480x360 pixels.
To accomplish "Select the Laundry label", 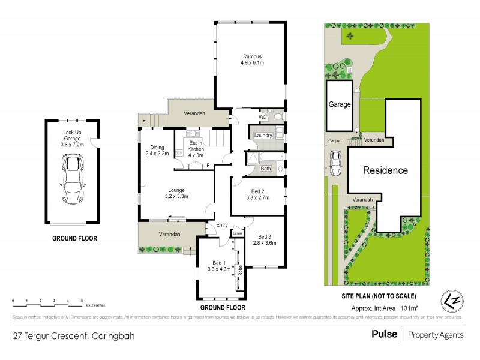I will (263, 136).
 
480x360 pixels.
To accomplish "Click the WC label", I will (262, 117).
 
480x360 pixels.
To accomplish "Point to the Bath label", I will (265, 169).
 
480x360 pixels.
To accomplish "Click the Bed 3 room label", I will (264, 236).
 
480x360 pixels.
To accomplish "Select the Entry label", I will (214, 226).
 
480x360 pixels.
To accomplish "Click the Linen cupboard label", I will (237, 233).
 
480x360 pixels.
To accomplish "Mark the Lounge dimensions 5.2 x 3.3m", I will (177, 196).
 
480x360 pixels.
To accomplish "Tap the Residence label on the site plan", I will (386, 170).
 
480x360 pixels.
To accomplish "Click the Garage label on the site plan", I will (339, 104).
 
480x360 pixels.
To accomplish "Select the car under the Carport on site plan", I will (336, 163).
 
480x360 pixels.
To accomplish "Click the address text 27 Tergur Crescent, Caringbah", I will (74, 336).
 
